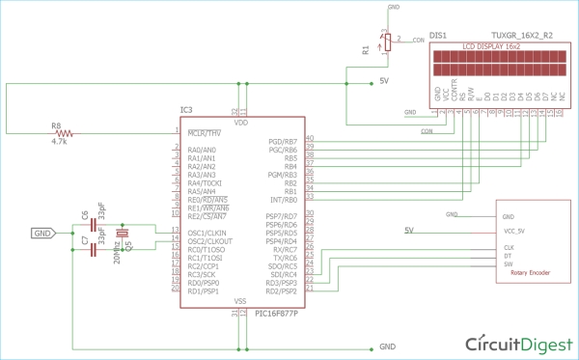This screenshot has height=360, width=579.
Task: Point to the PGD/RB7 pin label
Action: coord(283,140)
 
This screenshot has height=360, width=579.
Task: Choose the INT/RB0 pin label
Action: coord(284,198)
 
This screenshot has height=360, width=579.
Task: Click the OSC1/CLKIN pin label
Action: coord(207,233)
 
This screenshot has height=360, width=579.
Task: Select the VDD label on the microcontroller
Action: coord(240,124)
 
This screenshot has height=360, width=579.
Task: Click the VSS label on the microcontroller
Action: coord(240,301)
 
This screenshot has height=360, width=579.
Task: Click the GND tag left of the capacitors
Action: coord(43,233)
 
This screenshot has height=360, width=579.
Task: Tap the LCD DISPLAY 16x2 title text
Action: coord(492,46)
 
